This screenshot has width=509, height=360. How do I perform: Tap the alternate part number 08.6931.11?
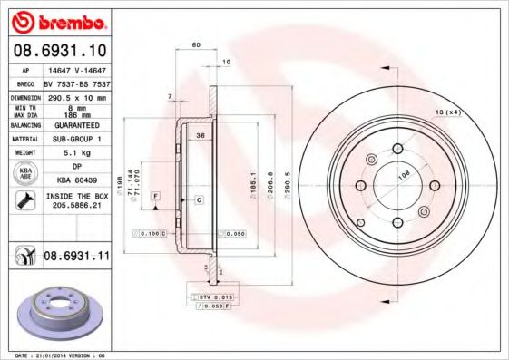pyautogui.click(x=76, y=258)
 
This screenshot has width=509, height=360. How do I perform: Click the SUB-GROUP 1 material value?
pyautogui.click(x=76, y=139)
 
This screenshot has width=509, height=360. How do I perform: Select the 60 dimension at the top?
pyautogui.click(x=196, y=44)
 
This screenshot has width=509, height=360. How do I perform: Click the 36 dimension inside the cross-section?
pyautogui.click(x=199, y=135)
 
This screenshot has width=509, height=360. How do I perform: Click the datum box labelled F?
pyautogui.click(x=156, y=196)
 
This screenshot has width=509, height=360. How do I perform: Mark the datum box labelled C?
pyautogui.click(x=197, y=199)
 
